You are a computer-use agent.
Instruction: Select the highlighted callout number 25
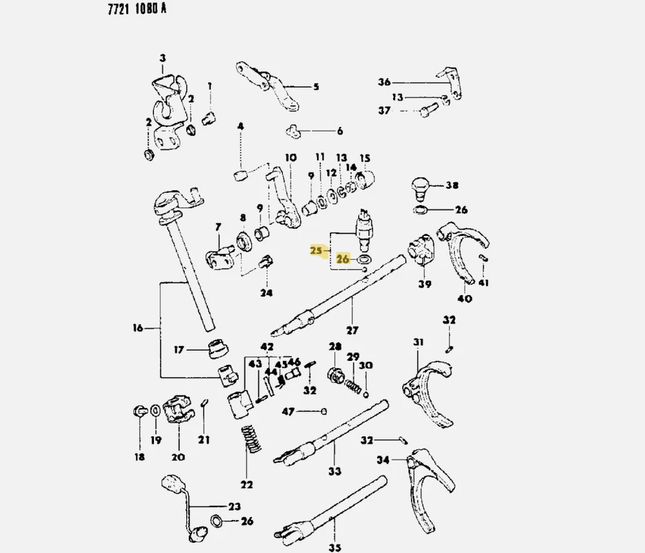click(316, 251)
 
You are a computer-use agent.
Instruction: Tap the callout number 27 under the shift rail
click(352, 331)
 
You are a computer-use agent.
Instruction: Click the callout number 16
click(138, 329)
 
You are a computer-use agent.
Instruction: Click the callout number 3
click(162, 59)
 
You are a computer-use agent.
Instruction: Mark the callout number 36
click(384, 83)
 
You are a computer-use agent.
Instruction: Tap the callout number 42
click(267, 347)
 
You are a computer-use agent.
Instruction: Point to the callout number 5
click(316, 87)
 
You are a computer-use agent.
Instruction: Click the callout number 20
click(177, 459)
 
